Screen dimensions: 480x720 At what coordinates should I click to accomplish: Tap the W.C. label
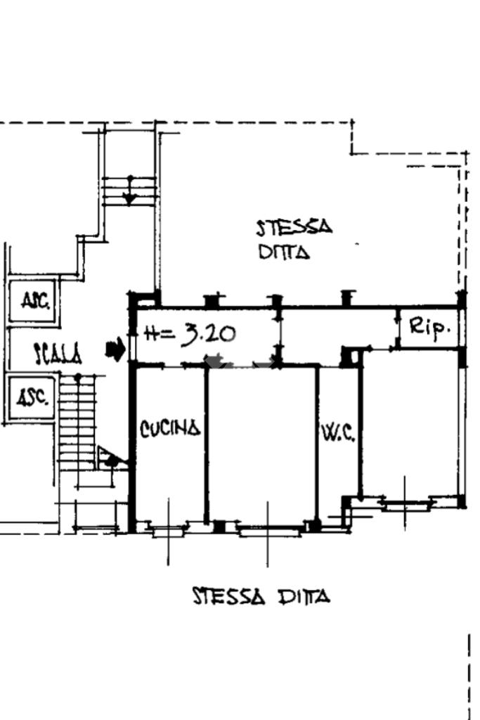pos(339,432)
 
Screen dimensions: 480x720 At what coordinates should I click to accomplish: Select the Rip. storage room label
pos(429,327)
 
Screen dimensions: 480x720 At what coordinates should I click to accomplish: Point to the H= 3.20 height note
pos(190,334)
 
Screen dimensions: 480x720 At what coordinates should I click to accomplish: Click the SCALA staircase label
pos(58,354)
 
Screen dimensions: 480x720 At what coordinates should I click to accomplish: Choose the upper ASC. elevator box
pos(34,302)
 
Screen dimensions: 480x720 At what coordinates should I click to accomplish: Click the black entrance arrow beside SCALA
pos(115,349)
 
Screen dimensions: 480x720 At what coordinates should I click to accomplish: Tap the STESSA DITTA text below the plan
pos(261,596)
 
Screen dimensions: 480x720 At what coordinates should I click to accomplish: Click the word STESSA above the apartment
pos(294,228)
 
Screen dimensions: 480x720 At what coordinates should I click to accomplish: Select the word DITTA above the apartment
pos(284,252)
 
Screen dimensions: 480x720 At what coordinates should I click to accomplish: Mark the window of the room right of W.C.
pos(406,504)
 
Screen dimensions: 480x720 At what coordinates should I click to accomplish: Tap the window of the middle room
pos(268,530)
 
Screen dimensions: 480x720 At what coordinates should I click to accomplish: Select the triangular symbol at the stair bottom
pos(112,458)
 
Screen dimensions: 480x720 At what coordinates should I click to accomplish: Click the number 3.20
pos(208,334)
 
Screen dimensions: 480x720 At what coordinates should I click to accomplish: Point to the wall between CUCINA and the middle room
pos(207,444)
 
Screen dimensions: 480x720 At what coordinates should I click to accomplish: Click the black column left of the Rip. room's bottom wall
pos(350,356)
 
